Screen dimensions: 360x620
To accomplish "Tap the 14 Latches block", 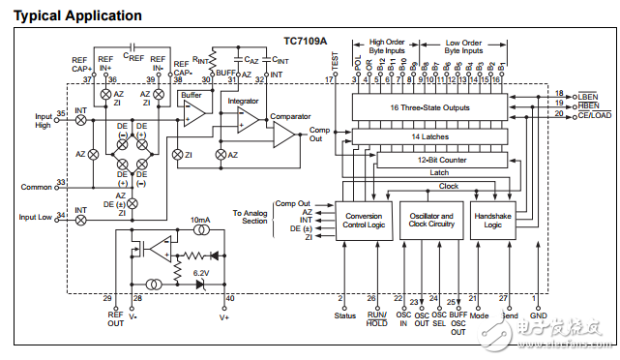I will (x=429, y=137).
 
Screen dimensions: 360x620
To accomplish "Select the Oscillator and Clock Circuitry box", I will (x=430, y=221).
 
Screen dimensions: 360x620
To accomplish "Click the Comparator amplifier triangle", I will (x=283, y=134).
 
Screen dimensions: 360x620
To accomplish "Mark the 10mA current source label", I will (x=200, y=221).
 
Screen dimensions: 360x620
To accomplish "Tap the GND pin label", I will (x=539, y=315).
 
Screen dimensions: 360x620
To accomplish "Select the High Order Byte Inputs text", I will (x=392, y=46).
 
